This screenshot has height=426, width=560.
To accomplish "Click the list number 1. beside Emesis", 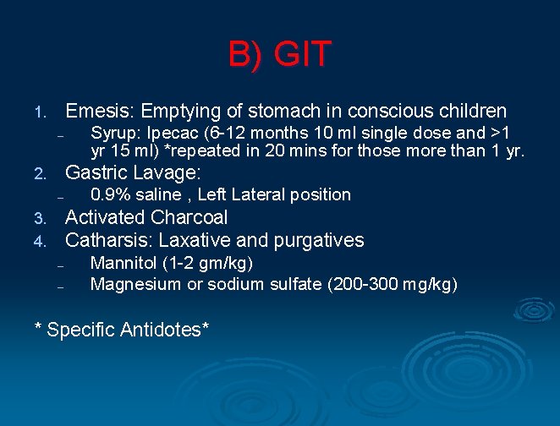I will tap(38, 112).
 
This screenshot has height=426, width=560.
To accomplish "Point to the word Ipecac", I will tap(173, 134).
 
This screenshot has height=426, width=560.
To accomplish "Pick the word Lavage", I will tap(166, 173).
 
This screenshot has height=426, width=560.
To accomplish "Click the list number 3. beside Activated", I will tap(38, 219).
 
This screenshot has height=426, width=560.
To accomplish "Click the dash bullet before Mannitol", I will tap(61, 265).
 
